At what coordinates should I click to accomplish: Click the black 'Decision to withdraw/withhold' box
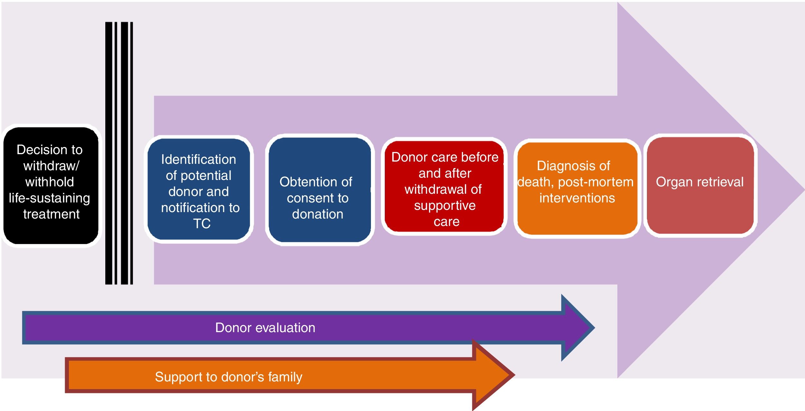51,185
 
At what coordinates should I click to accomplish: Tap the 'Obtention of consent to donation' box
319,190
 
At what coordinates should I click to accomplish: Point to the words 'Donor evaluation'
265,328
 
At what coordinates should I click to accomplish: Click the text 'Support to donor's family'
229,377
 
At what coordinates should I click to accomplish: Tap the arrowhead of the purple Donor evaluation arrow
578,328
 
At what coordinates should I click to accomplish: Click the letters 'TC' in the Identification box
202,224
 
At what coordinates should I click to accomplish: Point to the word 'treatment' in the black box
52,214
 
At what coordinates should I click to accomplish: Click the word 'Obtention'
302,182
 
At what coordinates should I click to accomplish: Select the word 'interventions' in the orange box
577,198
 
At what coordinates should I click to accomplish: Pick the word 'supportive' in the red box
445,206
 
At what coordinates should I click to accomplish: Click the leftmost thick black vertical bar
109,153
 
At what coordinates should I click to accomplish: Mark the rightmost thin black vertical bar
131,153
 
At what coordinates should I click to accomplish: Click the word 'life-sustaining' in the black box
49,198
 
